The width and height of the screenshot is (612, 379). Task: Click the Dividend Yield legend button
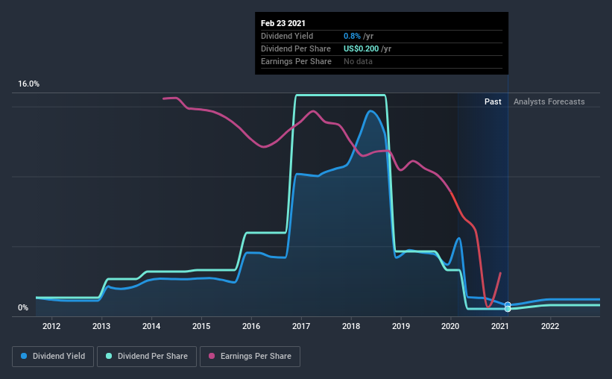53,357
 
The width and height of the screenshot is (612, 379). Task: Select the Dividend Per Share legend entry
152,357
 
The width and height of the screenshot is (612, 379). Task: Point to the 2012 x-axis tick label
51,325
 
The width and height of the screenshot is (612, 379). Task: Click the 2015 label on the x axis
201,325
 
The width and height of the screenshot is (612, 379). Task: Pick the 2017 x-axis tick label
301,325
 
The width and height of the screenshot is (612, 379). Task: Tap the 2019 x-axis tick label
401,325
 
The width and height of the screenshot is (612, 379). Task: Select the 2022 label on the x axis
550,325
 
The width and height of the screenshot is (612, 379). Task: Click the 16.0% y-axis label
29,84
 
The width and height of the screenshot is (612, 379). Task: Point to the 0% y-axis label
23,307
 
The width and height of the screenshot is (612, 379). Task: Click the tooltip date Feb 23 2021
283,23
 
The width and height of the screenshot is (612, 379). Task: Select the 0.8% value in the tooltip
352,36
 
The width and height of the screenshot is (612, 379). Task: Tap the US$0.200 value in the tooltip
362,48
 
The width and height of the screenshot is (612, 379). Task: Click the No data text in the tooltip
358,61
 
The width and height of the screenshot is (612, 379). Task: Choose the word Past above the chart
492,101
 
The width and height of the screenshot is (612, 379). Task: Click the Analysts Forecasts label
549,101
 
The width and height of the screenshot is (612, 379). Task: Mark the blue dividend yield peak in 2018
370,110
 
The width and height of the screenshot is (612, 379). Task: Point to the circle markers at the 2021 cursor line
508,307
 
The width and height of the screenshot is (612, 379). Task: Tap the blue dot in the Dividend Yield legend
25,357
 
